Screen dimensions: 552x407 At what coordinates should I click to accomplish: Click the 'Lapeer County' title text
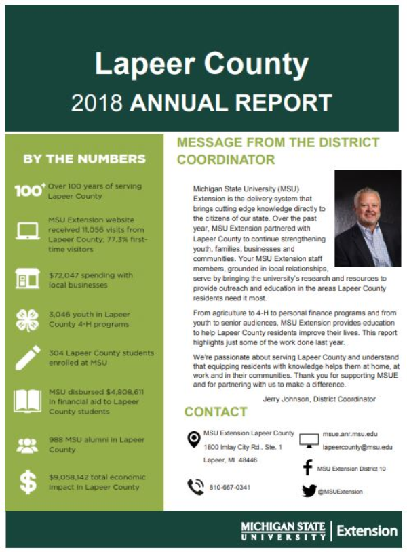(x=201, y=64)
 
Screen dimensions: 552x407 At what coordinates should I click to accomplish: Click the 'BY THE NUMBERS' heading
(x=84, y=159)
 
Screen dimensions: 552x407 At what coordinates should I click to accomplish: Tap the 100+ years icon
(x=30, y=191)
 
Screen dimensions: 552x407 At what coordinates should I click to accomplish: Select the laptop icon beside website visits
(x=28, y=231)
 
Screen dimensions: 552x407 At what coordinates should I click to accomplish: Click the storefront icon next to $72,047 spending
(x=27, y=279)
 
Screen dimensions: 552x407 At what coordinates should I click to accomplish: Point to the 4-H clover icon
(x=28, y=319)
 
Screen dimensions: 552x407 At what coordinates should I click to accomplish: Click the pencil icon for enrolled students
(x=28, y=358)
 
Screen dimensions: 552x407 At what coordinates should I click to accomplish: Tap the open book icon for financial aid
(x=28, y=400)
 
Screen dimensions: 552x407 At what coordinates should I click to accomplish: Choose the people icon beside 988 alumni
(x=28, y=445)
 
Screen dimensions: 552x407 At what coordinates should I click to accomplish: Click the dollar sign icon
(x=28, y=481)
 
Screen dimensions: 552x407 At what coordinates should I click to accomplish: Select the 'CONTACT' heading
(x=216, y=412)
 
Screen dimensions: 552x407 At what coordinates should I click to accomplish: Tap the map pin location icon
(x=193, y=439)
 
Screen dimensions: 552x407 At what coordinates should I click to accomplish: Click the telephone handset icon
(x=195, y=487)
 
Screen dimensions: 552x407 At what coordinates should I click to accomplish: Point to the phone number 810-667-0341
(x=229, y=488)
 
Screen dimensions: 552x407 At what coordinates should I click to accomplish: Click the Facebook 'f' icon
(x=307, y=468)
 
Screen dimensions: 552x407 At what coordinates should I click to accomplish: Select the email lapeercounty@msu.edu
(x=357, y=447)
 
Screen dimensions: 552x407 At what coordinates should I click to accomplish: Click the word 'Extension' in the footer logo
(x=367, y=530)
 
